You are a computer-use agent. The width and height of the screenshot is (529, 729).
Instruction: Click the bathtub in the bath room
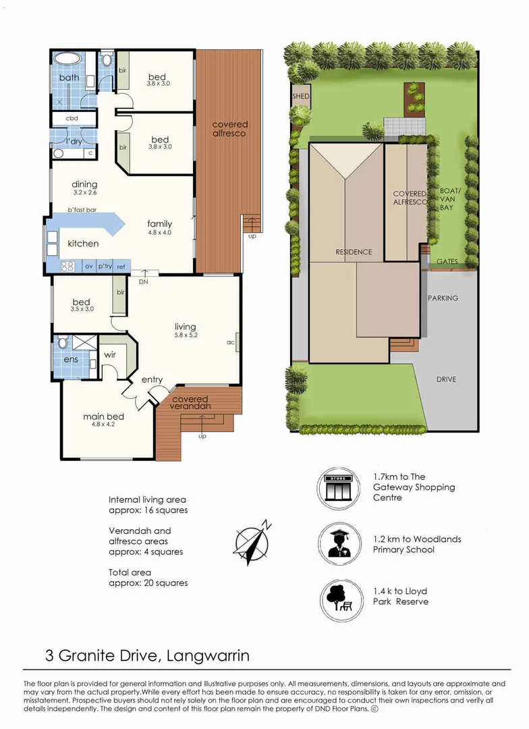click(x=68, y=59)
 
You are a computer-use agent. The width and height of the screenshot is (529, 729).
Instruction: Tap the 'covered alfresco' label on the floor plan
click(x=229, y=129)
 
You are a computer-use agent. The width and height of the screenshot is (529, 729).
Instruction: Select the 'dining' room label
click(x=84, y=184)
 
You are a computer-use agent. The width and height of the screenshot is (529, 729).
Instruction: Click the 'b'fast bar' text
click(x=82, y=210)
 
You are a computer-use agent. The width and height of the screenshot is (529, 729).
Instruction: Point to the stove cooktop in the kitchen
click(x=68, y=267)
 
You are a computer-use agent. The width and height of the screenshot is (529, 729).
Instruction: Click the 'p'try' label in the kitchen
click(x=105, y=267)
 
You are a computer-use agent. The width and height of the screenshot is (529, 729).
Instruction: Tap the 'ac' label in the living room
click(x=231, y=343)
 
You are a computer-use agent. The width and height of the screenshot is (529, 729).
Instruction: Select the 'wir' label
click(x=110, y=355)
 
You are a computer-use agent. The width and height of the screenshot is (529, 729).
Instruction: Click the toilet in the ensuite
click(x=63, y=343)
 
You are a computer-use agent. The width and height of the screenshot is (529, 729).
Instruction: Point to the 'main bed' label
click(x=103, y=416)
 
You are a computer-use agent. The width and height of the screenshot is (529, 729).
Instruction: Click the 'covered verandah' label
click(x=190, y=402)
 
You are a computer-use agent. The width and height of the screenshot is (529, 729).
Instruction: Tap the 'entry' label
click(x=152, y=380)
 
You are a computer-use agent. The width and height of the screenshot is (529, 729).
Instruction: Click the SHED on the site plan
click(x=301, y=97)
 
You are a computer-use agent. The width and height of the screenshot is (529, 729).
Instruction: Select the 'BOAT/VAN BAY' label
click(x=449, y=199)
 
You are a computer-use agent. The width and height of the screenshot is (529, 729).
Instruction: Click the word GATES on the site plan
click(x=447, y=262)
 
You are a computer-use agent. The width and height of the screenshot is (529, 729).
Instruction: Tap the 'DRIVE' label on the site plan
click(x=446, y=379)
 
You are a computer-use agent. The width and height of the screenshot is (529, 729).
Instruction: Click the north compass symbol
click(x=252, y=541)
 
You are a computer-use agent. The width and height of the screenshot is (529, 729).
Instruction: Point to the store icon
click(x=339, y=488)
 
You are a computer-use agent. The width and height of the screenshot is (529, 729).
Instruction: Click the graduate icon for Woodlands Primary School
click(x=340, y=543)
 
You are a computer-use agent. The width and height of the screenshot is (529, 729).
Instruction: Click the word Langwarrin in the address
click(x=208, y=655)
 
